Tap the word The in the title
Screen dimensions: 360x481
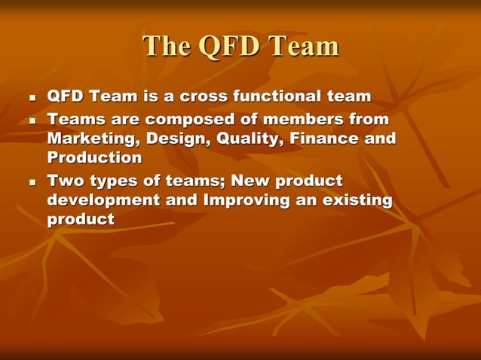167,47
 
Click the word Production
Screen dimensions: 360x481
94,158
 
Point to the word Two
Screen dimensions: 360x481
66,182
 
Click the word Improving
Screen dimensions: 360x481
242,201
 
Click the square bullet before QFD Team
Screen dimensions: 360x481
32,98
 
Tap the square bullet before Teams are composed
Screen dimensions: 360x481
32,121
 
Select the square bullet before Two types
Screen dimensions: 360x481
32,182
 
